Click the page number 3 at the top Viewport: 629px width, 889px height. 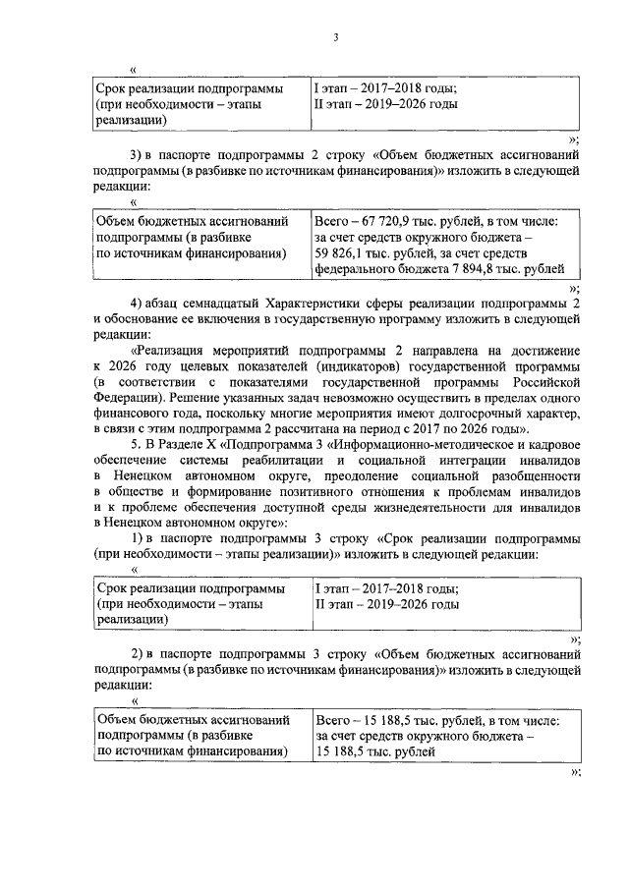click(335, 38)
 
